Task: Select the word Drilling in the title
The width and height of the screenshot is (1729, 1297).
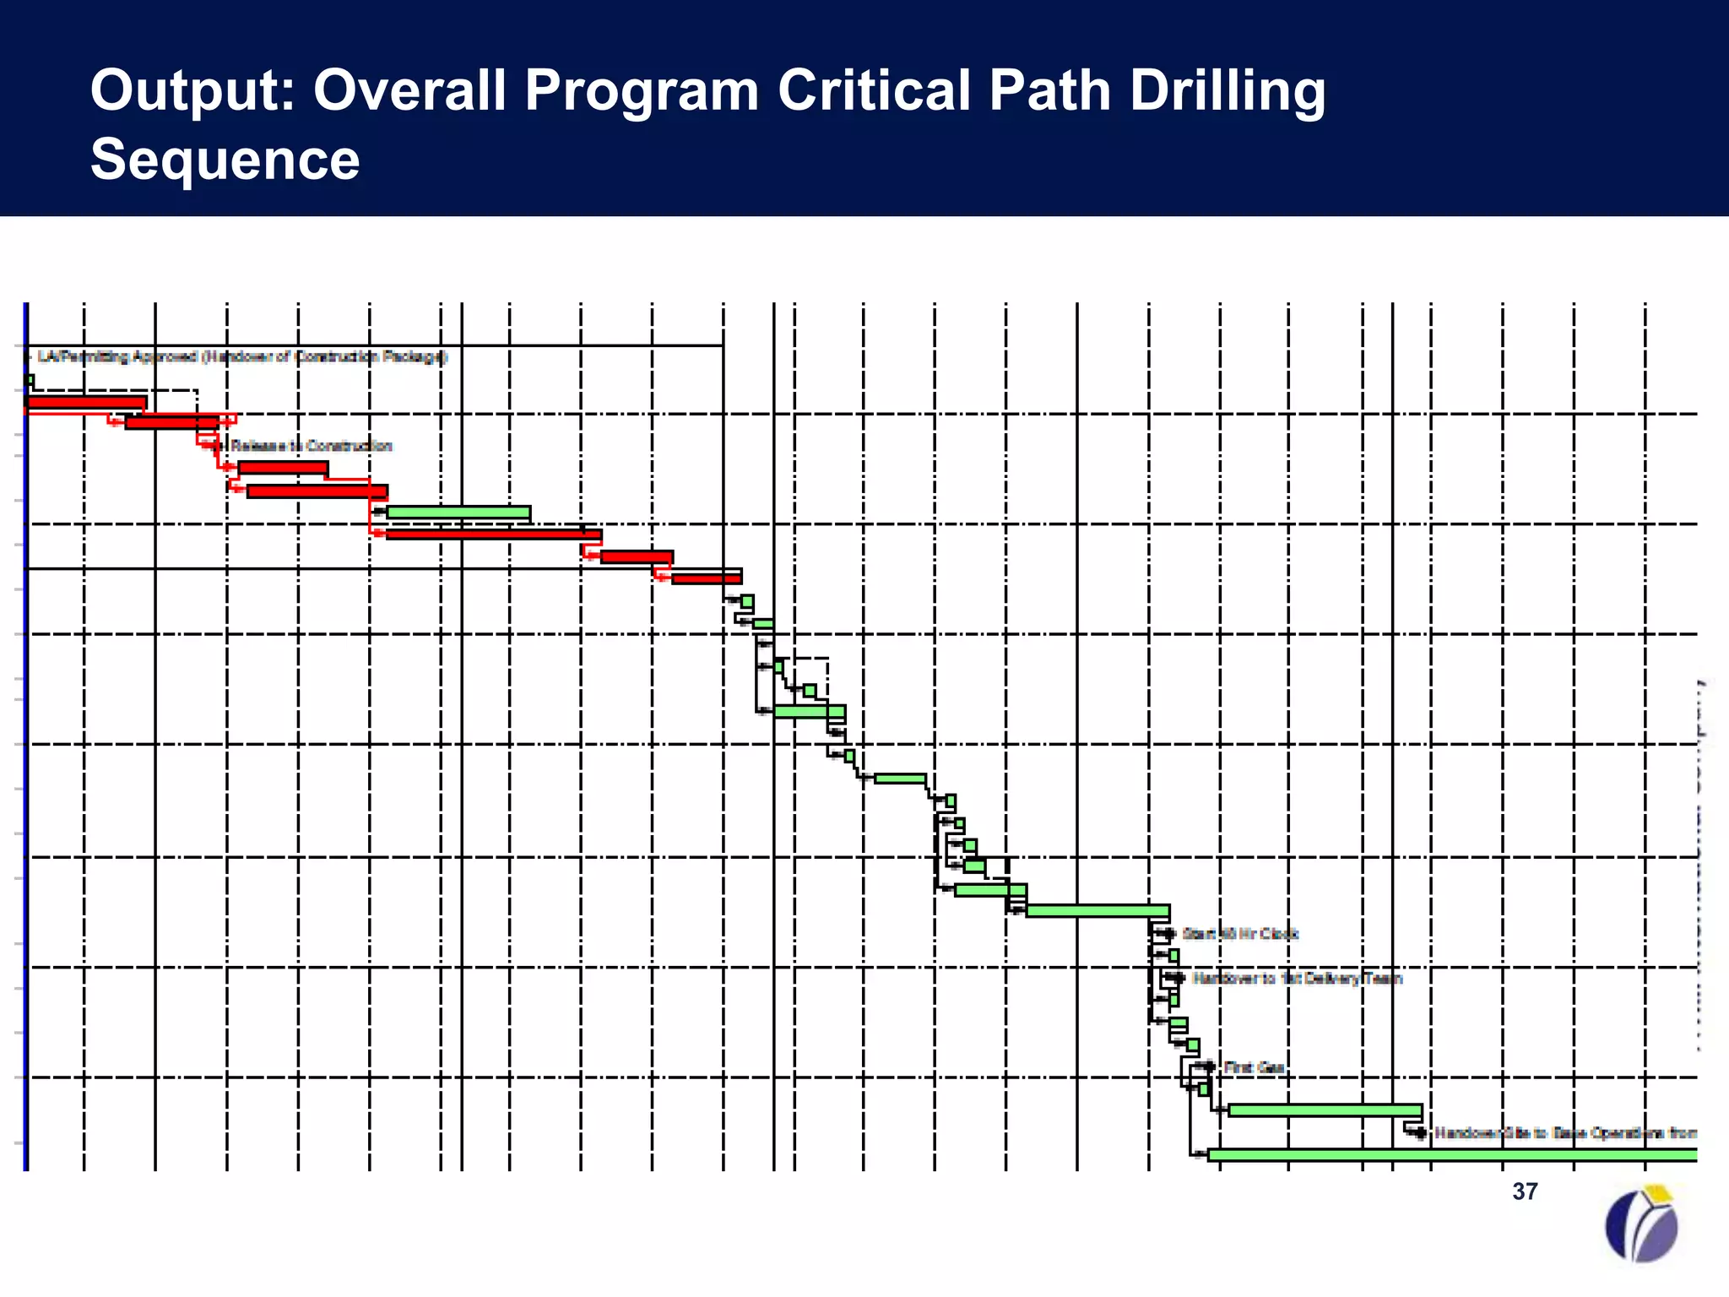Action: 1228,90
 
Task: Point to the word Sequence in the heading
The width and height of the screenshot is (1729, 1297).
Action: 225,159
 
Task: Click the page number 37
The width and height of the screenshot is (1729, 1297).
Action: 1525,1191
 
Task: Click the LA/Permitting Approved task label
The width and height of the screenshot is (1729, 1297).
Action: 241,356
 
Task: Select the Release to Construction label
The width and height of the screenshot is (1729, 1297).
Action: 311,446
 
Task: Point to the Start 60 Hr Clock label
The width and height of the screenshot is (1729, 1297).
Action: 1239,934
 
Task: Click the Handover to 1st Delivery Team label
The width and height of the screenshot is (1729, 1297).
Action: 1297,979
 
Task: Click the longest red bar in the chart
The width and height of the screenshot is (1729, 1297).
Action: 494,535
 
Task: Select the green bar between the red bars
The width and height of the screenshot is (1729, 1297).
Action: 458,513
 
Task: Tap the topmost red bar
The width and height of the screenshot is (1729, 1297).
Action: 86,403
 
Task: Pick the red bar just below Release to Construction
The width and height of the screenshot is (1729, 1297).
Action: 283,468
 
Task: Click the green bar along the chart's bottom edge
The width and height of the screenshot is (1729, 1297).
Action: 1452,1155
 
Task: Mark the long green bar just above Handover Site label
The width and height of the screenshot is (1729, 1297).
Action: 1325,1110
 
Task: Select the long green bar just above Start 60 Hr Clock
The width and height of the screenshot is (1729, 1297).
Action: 1098,911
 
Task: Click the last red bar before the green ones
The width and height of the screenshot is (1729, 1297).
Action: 707,578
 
